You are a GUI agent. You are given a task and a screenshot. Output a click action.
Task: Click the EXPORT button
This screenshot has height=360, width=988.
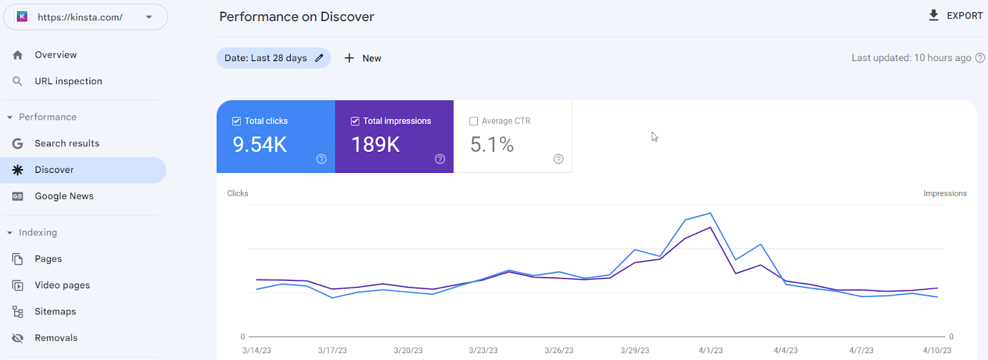tap(955, 16)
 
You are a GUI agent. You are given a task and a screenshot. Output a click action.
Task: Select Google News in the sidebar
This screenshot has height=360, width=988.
tap(64, 196)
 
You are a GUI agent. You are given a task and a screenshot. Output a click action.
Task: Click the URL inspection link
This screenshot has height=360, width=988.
tap(69, 81)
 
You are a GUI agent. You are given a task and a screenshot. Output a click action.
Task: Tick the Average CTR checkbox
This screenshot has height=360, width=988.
tap(474, 121)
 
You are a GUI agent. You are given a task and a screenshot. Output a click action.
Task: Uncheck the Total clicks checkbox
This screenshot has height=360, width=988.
tap(237, 121)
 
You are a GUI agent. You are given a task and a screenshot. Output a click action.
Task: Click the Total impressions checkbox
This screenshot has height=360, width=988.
tap(355, 121)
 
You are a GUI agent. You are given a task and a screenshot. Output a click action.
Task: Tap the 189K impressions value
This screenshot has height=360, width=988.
tap(376, 144)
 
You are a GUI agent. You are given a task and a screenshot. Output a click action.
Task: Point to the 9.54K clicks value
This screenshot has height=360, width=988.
tap(260, 144)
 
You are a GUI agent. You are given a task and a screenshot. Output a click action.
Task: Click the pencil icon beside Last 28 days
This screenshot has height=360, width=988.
tap(319, 58)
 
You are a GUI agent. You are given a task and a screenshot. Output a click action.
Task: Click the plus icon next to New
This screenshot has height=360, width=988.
tap(349, 58)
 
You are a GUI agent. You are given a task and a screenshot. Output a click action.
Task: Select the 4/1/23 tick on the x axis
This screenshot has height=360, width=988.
tap(711, 350)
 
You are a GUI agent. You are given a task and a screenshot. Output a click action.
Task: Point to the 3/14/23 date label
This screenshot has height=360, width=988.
tap(257, 350)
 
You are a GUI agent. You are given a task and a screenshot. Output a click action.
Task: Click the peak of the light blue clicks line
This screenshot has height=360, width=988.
tap(710, 214)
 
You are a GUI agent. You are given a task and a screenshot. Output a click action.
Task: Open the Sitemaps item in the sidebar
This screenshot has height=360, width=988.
tap(55, 311)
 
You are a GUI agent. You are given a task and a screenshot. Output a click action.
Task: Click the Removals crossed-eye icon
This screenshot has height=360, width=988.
tap(18, 338)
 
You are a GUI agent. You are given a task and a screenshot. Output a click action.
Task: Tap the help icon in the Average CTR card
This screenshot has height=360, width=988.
tap(558, 159)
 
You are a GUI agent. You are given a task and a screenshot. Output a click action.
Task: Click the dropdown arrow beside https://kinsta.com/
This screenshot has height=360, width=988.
tap(149, 17)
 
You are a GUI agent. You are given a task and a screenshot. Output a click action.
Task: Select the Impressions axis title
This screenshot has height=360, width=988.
tap(945, 194)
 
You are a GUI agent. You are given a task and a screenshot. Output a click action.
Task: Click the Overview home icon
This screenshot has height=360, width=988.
tap(18, 55)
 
